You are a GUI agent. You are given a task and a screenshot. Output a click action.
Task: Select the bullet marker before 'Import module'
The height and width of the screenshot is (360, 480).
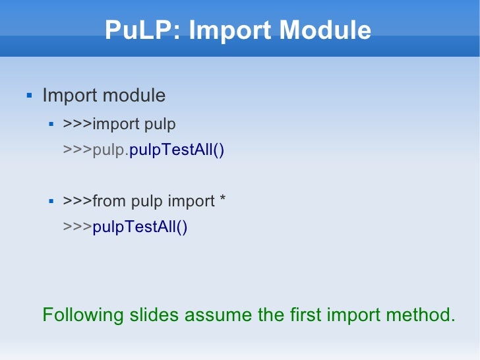click(x=28, y=96)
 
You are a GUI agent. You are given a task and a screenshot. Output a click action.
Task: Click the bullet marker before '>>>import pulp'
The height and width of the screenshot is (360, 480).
click(x=51, y=123)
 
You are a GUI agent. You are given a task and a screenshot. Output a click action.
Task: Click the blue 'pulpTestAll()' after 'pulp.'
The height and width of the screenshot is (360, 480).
click(x=177, y=150)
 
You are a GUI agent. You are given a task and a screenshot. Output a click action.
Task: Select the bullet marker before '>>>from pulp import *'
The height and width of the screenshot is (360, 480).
click(x=51, y=200)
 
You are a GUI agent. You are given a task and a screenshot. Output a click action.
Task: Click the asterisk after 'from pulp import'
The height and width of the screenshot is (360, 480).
click(x=222, y=200)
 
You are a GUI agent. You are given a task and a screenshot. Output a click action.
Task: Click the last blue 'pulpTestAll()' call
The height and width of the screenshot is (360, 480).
click(x=140, y=227)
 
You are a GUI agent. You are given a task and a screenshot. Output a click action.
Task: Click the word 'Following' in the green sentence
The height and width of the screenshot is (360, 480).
click(x=83, y=315)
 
